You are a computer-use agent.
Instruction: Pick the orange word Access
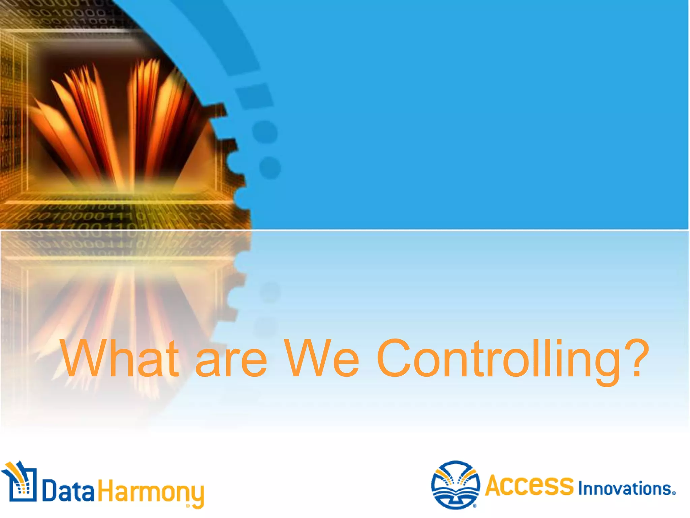[x=529, y=486]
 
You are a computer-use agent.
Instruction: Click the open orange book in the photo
[x=118, y=125]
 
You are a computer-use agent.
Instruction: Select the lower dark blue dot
[x=270, y=168]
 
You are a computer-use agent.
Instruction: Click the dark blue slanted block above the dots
[x=254, y=96]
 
